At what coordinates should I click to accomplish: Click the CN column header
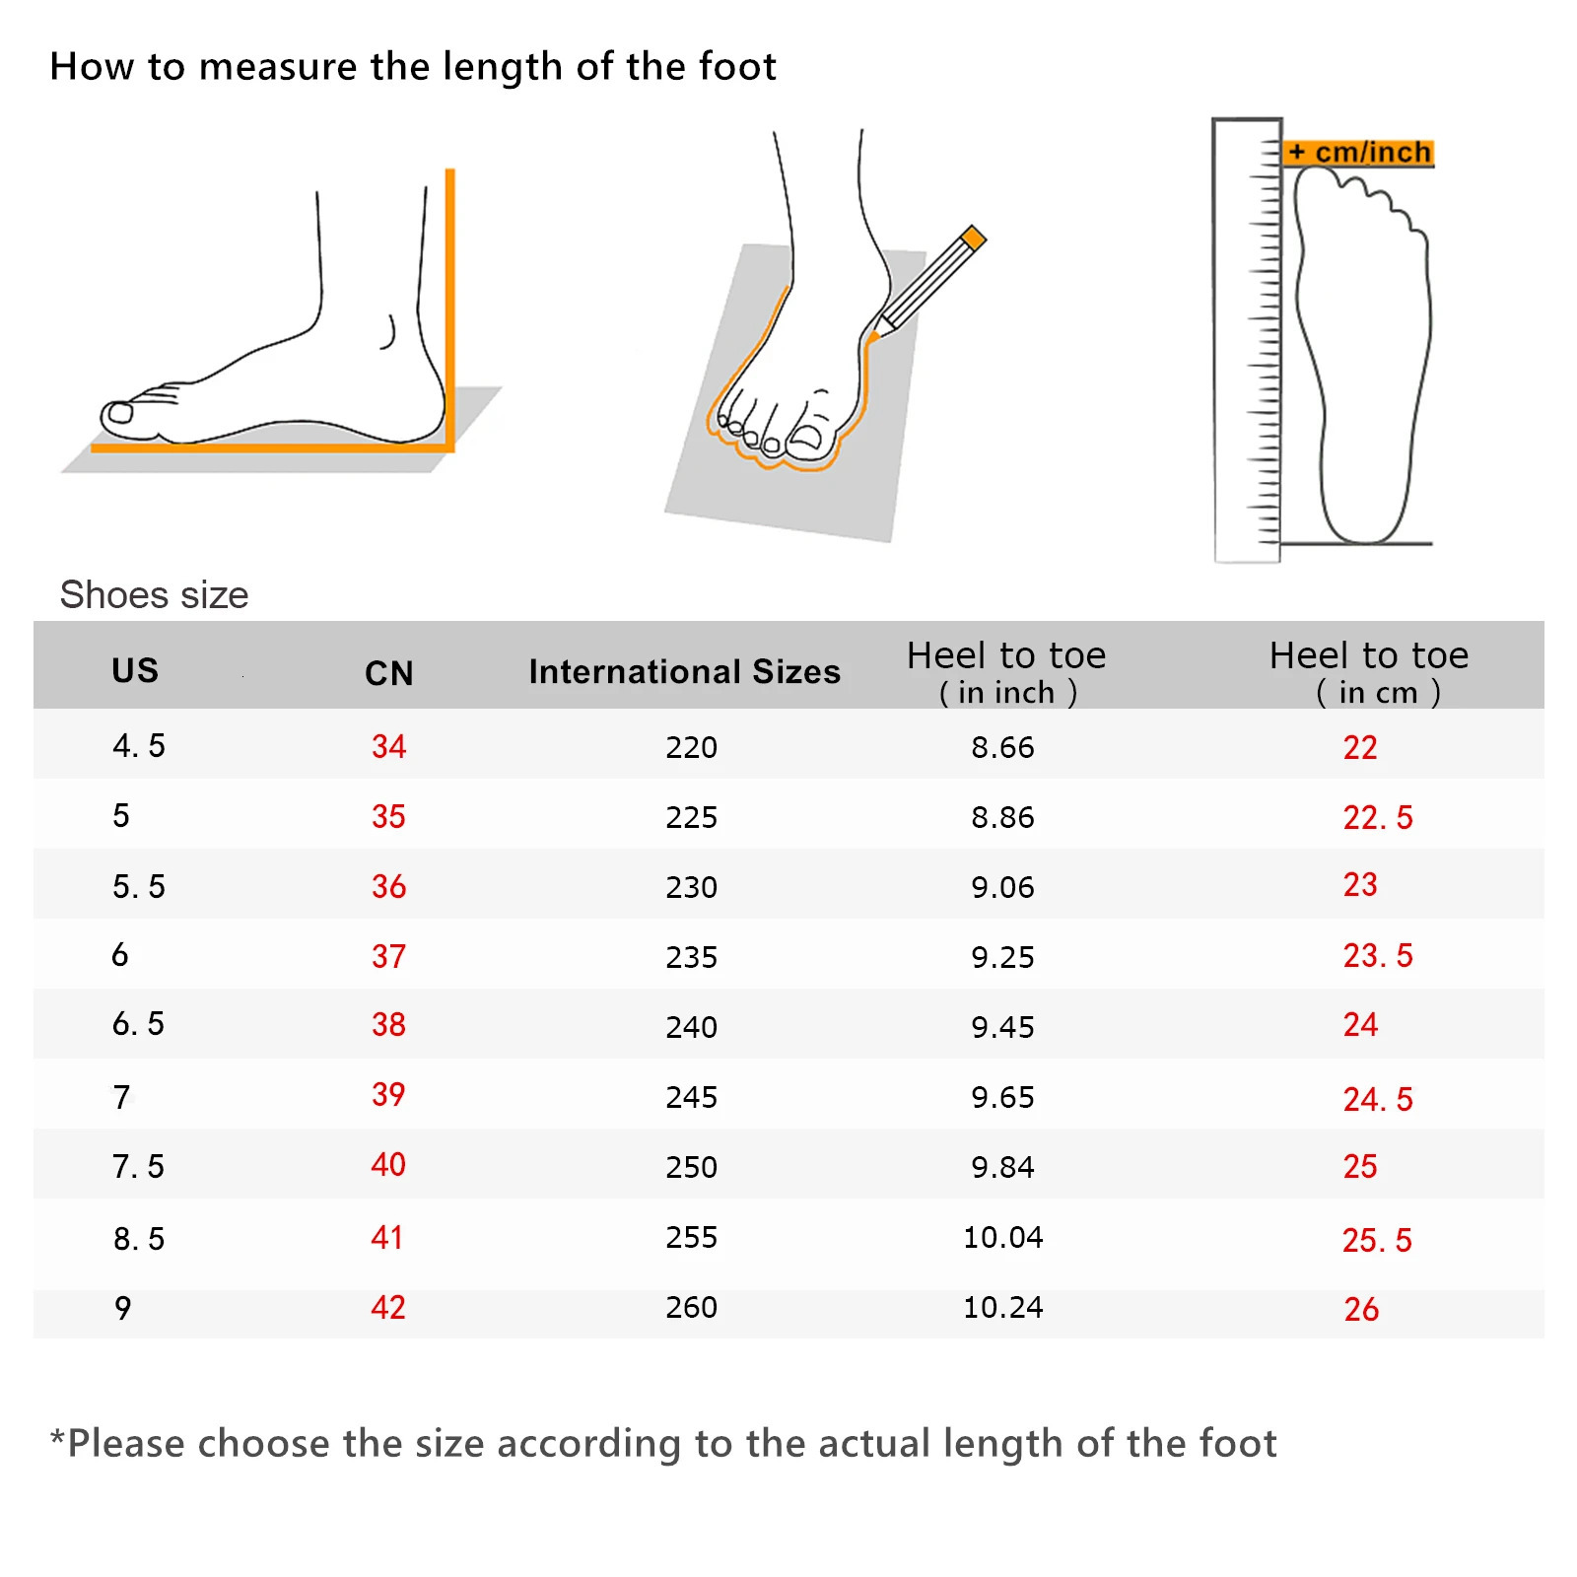(x=388, y=673)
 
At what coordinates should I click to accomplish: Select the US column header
(x=135, y=670)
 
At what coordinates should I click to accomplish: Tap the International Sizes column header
(x=684, y=671)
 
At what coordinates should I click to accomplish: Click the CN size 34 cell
(x=388, y=746)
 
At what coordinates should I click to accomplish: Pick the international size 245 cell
(x=691, y=1097)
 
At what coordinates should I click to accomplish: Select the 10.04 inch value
(x=1002, y=1237)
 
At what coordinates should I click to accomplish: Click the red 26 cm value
(x=1361, y=1309)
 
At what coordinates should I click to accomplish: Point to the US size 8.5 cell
(x=139, y=1239)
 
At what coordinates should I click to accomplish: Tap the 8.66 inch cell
(x=1002, y=747)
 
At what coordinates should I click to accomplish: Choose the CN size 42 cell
(x=388, y=1308)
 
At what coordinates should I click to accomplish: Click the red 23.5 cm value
(x=1377, y=955)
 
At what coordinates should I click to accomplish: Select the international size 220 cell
(x=691, y=747)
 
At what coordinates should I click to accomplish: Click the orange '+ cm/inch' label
(x=1359, y=153)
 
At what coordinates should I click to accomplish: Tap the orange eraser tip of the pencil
(x=974, y=237)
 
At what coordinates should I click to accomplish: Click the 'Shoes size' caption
(x=154, y=595)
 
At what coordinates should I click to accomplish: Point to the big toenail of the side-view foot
(x=120, y=413)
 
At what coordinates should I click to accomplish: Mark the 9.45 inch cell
(x=1002, y=1027)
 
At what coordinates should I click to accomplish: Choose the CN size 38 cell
(x=388, y=1025)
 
